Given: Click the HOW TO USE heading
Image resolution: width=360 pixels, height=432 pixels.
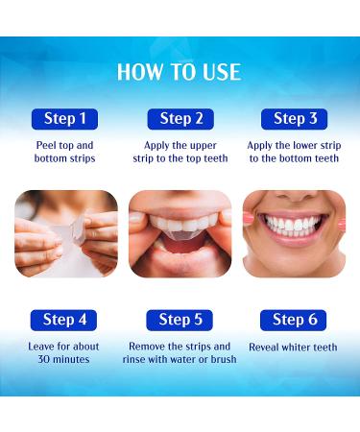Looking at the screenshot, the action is (179, 72).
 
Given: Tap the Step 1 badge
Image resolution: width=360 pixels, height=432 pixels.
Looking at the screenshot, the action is (64, 119).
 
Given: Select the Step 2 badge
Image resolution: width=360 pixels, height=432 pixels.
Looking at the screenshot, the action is (180, 119).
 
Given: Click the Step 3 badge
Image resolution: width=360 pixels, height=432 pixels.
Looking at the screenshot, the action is (295, 119).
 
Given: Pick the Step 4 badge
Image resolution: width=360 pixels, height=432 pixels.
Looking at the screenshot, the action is (63, 320).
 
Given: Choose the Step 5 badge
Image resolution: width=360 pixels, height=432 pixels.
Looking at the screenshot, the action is (180, 320).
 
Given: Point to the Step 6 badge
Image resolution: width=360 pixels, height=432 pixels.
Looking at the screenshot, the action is (294, 320).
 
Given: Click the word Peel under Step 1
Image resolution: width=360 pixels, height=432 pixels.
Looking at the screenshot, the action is (46, 145).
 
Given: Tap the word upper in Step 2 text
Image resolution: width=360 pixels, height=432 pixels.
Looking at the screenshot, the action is (204, 146).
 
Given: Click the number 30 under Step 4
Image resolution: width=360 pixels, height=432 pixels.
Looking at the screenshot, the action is (44, 359).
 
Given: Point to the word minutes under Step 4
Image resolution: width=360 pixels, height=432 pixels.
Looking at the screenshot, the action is (71, 359).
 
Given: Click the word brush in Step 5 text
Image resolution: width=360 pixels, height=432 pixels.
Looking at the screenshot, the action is (224, 359).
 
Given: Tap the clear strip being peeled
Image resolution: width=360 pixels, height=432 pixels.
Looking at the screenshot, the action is (71, 231).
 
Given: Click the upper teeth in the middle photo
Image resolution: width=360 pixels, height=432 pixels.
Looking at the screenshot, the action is (180, 222).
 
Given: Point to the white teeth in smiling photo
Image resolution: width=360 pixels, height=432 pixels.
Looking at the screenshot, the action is (294, 226).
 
